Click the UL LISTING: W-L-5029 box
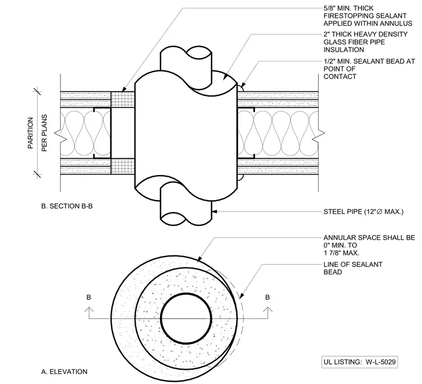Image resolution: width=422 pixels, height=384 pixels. [x=360, y=362]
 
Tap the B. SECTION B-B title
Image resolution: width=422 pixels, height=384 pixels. [x=67, y=206]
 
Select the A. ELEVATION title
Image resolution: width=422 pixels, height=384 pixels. [x=64, y=372]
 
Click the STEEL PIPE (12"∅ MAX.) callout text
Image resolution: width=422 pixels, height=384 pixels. [x=364, y=212]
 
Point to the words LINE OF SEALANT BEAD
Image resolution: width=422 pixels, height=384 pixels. [x=353, y=268]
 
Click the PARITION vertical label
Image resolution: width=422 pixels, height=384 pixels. [x=31, y=133]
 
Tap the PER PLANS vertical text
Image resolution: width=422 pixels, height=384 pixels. [x=44, y=133]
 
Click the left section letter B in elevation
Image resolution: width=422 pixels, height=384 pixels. [x=89, y=297]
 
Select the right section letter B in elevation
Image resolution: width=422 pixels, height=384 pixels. [x=268, y=297]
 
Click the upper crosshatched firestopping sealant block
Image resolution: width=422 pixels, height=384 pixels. [x=123, y=100]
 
